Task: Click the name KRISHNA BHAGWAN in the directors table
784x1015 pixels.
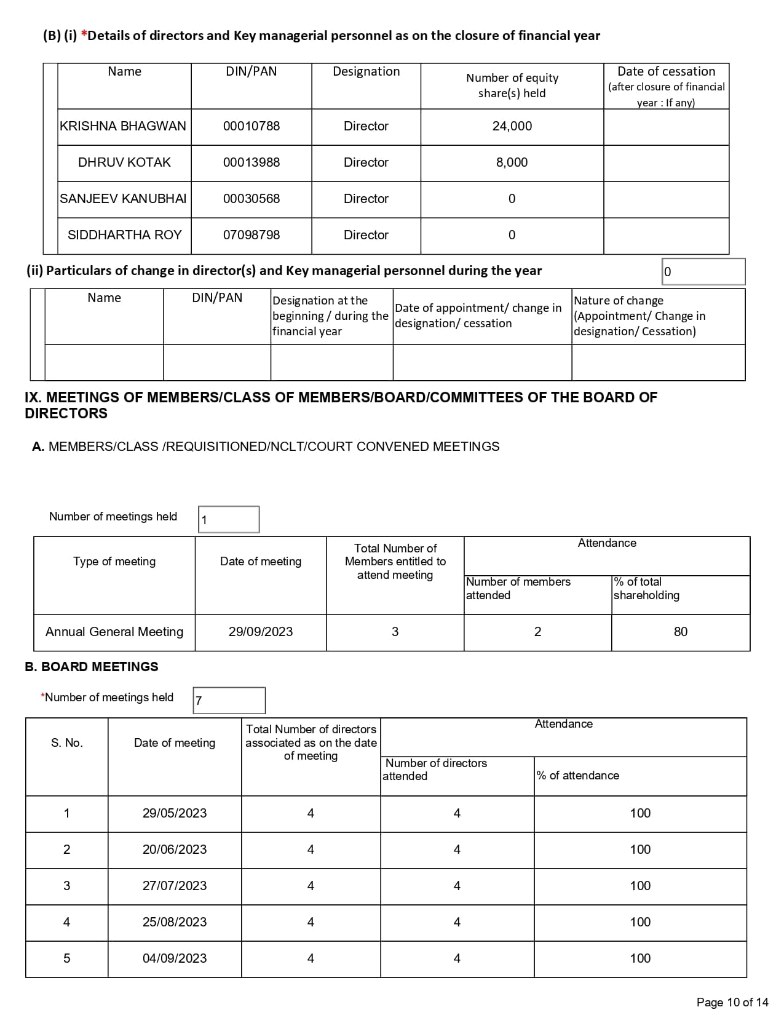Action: coord(123,126)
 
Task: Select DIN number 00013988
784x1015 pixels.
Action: coord(251,162)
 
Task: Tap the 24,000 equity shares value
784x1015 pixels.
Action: coord(512,126)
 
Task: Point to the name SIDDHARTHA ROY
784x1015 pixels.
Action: coord(124,235)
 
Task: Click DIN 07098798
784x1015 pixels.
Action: coord(251,235)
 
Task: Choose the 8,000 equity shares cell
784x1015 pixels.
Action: coord(512,162)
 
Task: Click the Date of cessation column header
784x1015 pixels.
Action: coord(666,86)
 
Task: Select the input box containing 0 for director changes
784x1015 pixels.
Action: coord(703,272)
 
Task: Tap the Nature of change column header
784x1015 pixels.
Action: coord(639,316)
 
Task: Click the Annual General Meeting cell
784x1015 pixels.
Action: coord(114,632)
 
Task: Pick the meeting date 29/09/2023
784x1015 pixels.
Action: coord(261,632)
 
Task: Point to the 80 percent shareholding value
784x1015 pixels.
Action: coord(680,632)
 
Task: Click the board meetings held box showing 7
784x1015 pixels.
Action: coord(229,701)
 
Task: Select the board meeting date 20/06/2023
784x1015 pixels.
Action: coord(175,850)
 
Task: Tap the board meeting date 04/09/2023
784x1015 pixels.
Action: coord(175,958)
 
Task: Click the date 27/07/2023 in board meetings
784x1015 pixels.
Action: coord(175,886)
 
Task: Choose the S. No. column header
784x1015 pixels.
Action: coord(66,743)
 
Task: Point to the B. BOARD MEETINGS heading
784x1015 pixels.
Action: coord(91,667)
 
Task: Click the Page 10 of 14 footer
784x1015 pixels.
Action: coord(732,1002)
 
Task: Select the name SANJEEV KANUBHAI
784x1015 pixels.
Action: coord(123,199)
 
